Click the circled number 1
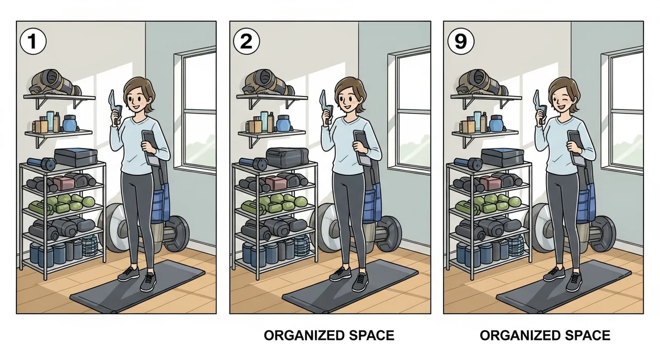32,41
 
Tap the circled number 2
246,41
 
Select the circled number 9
460,41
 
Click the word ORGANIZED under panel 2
304,336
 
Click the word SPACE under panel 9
588,336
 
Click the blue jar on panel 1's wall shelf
69,123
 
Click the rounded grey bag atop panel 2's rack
288,157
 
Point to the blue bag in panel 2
373,203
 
